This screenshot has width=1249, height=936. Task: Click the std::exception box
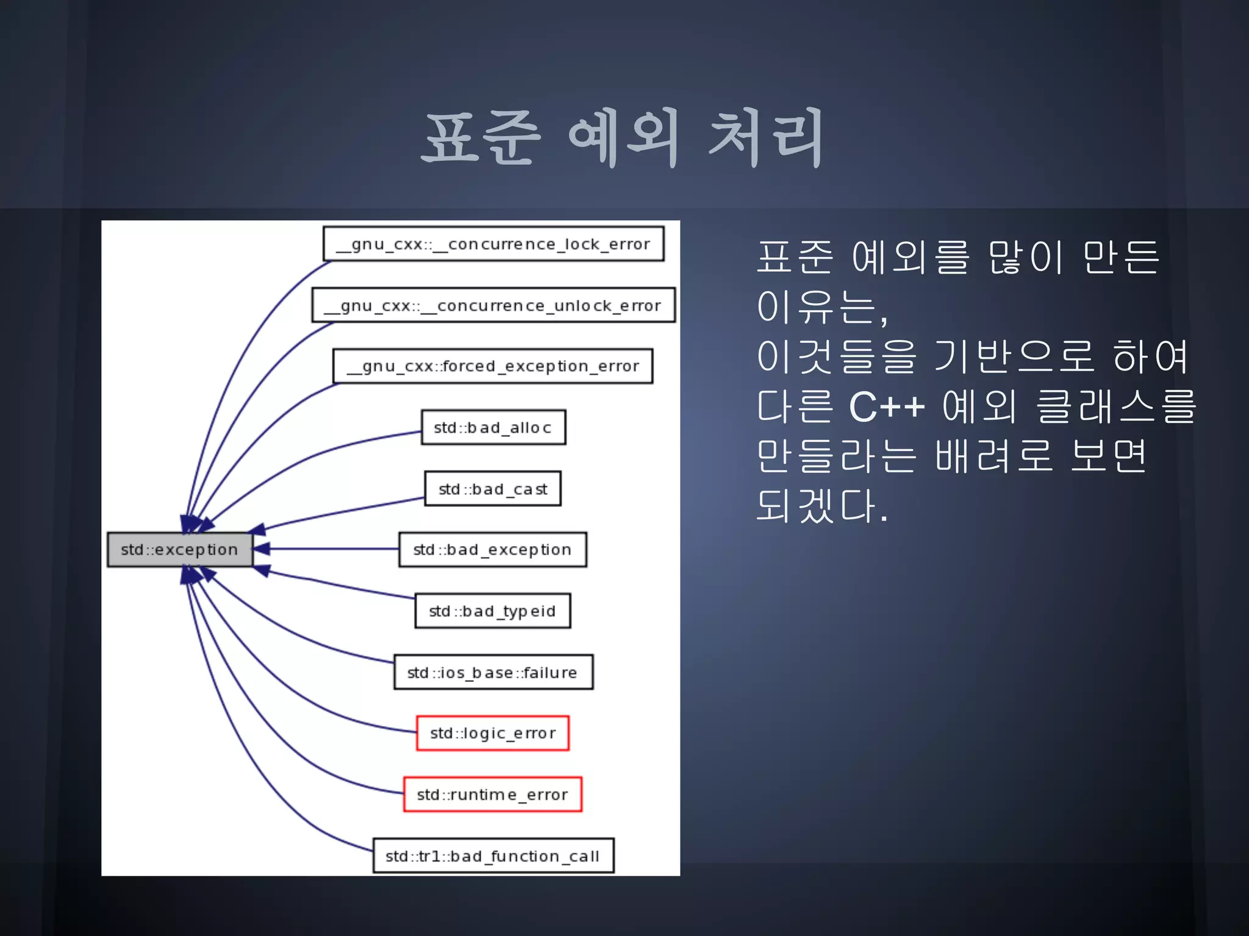click(x=179, y=550)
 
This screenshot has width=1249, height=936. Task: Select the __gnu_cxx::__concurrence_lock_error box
click(x=493, y=244)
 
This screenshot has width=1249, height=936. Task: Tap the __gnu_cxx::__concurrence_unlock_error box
click(x=493, y=305)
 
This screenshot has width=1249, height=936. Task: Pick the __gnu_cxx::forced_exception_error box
click(x=493, y=366)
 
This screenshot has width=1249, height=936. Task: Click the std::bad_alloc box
click(x=493, y=428)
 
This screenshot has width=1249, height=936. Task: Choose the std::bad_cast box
click(x=493, y=489)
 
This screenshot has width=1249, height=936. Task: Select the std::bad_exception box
click(x=493, y=550)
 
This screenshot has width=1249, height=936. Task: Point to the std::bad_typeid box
click(x=493, y=611)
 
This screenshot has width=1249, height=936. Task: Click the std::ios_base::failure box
click(x=493, y=672)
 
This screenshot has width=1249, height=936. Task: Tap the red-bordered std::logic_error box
click(x=493, y=733)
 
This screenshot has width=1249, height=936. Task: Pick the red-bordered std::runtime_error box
click(x=493, y=794)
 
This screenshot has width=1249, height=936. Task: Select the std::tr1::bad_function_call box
click(x=493, y=856)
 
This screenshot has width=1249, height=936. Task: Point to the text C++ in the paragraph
click(x=887, y=406)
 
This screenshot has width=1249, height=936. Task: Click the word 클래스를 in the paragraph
click(x=1117, y=406)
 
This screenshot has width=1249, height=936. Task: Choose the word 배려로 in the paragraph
click(x=994, y=456)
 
